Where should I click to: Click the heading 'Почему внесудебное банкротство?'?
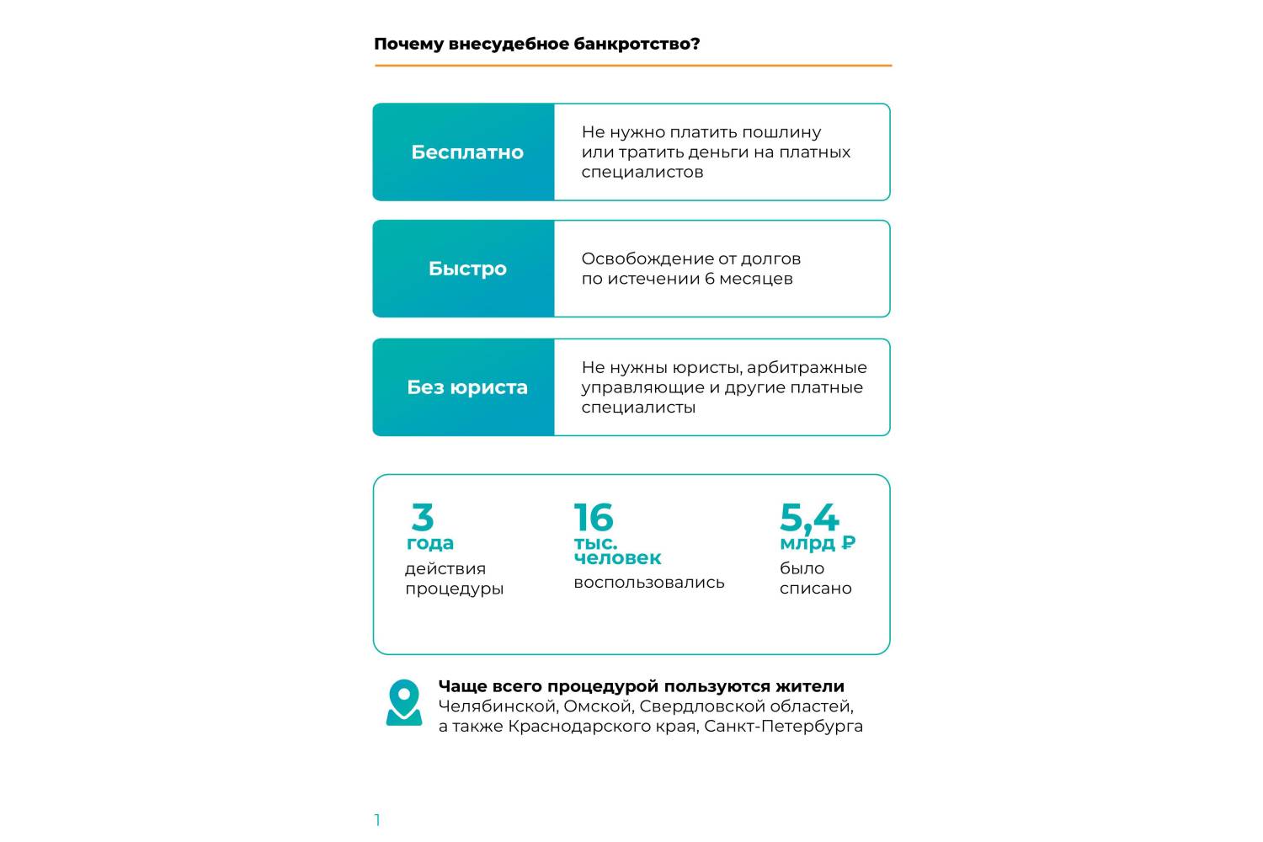536,44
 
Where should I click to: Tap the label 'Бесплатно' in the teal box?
467,152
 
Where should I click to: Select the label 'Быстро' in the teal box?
467,269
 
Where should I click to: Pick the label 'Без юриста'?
467,387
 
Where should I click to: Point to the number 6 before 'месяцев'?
710,279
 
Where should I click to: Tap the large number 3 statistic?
423,517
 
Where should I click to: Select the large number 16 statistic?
594,517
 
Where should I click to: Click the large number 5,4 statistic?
809,517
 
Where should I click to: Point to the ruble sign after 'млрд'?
849,543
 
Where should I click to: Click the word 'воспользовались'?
648,583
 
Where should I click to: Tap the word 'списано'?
815,589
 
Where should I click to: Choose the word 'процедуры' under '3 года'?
454,589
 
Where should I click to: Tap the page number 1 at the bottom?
377,820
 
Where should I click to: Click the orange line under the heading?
632,65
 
